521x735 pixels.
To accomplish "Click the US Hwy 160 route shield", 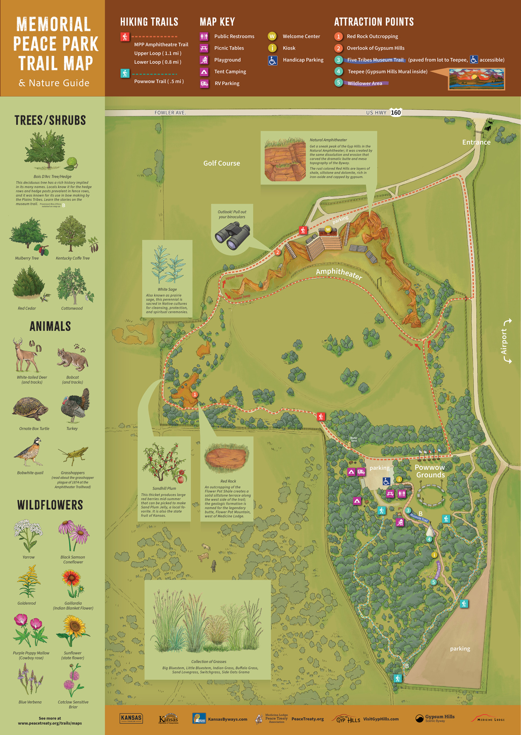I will pyautogui.click(x=396, y=112).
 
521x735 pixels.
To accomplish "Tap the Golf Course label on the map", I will pyautogui.click(x=221, y=163).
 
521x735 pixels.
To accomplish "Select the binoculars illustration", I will pyautogui.click(x=232, y=236).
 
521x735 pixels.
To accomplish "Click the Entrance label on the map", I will pyautogui.click(x=476, y=142).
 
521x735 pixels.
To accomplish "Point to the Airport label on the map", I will pyautogui.click(x=504, y=342).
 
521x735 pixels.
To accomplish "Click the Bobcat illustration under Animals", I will pyautogui.click(x=73, y=358).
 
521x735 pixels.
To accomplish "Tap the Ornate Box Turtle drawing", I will pyautogui.click(x=30, y=409).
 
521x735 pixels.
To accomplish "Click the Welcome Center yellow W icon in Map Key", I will pyautogui.click(x=272, y=36).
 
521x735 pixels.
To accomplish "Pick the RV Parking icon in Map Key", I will pyautogui.click(x=204, y=83).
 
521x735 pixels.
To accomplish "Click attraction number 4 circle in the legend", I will pyautogui.click(x=338, y=71).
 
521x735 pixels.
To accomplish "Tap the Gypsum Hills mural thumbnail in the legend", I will pyautogui.click(x=476, y=79).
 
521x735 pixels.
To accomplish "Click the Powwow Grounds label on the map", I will pyautogui.click(x=430, y=471).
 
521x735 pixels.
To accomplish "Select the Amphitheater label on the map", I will pyautogui.click(x=339, y=273).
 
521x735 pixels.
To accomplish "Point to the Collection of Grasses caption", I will pyautogui.click(x=208, y=661).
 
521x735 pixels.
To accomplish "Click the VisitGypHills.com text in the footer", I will pyautogui.click(x=381, y=719).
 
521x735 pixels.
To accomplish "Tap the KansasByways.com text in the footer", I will pyautogui.click(x=228, y=719).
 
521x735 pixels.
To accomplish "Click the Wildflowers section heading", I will pyautogui.click(x=50, y=505).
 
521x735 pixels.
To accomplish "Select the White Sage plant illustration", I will pyautogui.click(x=167, y=265).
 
